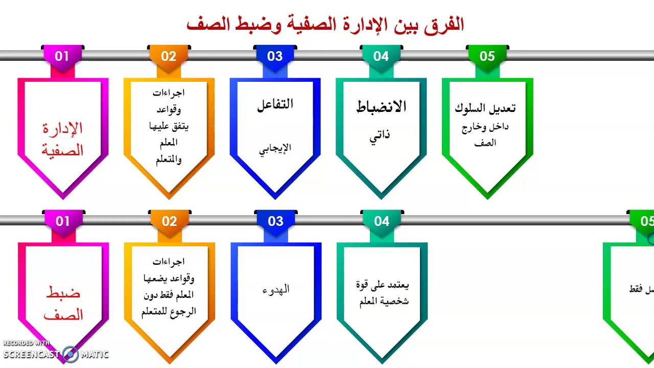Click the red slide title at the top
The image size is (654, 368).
[325, 24]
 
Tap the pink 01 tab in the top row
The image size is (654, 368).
[62, 56]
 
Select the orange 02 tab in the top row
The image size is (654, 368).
[169, 56]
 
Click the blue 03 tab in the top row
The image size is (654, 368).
[275, 56]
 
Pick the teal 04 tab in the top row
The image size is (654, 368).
[381, 56]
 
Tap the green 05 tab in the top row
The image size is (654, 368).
[487, 56]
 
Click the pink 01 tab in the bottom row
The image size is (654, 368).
[62, 221]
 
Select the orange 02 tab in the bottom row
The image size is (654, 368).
[169, 221]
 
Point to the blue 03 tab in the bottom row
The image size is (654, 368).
[275, 221]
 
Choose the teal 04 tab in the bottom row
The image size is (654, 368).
[382, 221]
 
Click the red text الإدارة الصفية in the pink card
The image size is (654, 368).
[62, 139]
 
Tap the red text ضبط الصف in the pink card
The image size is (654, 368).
[63, 304]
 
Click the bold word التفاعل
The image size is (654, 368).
[275, 105]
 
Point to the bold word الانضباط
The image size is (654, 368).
[381, 107]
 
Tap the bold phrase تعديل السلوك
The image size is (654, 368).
[485, 108]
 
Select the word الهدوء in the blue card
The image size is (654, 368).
[276, 289]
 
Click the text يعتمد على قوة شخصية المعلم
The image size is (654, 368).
[382, 292]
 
